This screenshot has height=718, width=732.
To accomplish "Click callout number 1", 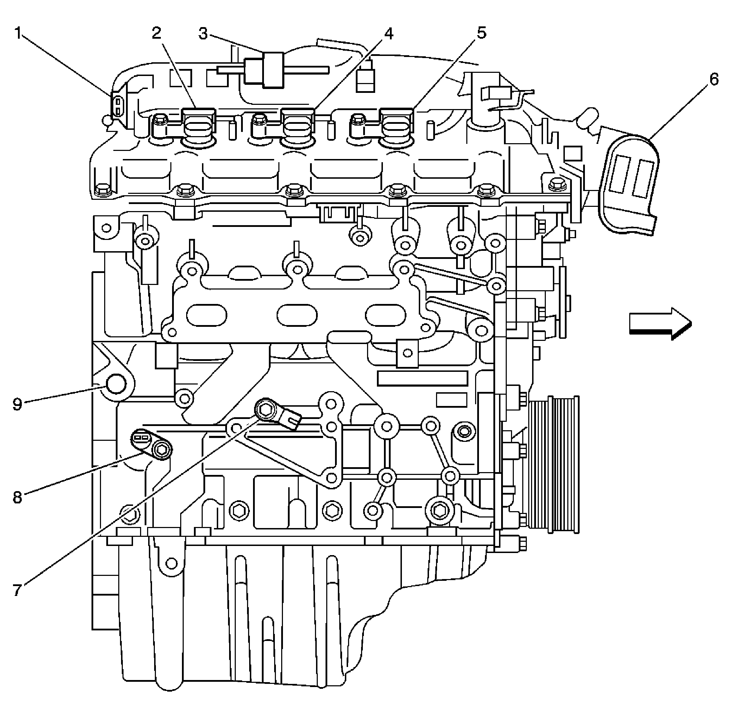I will point(18,33).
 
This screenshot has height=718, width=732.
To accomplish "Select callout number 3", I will point(203,34).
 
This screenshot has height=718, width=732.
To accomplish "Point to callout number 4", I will point(388,34).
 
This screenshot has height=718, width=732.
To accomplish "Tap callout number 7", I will point(17,589).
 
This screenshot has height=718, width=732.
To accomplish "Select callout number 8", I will point(17,497).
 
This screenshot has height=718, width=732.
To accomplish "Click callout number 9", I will point(17,405).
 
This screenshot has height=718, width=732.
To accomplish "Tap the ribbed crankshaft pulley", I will point(554,465).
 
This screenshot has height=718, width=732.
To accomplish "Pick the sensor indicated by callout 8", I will point(151,445).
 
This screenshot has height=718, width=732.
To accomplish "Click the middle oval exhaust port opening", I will point(297,315).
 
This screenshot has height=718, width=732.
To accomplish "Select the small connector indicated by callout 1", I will point(118,106).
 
